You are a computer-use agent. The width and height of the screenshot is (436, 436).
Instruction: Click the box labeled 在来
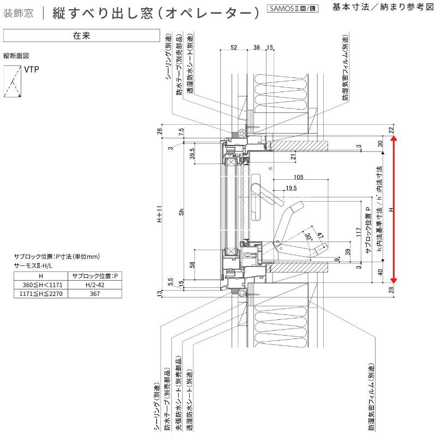(x=81, y=35)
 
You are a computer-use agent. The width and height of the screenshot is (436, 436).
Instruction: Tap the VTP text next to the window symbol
(x=32, y=70)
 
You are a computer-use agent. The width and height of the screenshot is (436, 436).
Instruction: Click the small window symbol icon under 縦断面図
(x=12, y=82)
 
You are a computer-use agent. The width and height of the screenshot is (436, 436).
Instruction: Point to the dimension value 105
(x=298, y=177)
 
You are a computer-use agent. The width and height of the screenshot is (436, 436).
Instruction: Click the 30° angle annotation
(x=309, y=238)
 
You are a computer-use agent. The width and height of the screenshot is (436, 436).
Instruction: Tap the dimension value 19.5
(x=290, y=188)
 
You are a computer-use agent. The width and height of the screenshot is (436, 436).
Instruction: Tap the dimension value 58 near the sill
(x=192, y=265)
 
